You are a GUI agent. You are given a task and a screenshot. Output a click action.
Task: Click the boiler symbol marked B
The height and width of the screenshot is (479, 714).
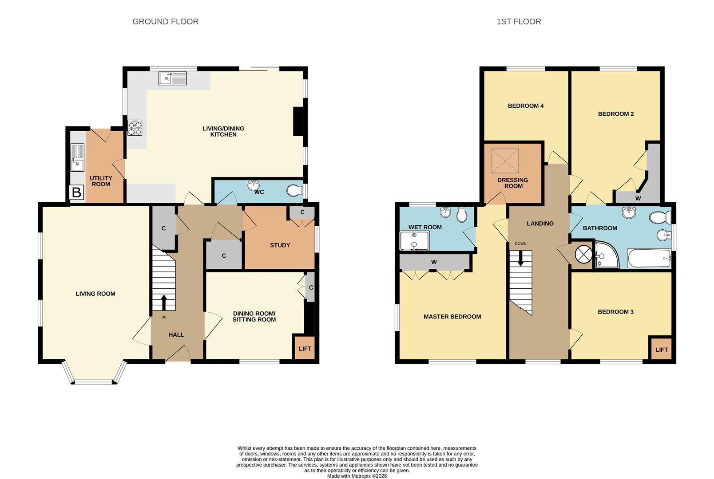pyautogui.click(x=77, y=192)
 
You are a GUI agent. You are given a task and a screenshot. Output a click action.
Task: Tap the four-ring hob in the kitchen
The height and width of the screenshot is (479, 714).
pyautogui.click(x=135, y=128)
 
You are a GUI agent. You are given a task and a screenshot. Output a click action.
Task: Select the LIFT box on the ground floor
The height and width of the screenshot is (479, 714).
pyautogui.click(x=305, y=349)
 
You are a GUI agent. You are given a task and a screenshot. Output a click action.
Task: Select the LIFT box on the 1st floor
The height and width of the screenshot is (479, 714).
pyautogui.click(x=661, y=349)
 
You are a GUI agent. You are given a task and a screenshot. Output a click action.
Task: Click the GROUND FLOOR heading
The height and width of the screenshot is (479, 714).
pyautogui.click(x=165, y=22)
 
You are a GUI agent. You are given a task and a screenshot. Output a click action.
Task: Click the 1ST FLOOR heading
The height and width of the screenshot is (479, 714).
pyautogui.click(x=519, y=22)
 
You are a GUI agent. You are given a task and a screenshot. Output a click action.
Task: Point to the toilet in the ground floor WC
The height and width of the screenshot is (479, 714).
pyautogui.click(x=294, y=191)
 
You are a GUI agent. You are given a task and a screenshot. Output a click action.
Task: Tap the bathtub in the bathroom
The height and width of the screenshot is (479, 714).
pyautogui.click(x=649, y=259)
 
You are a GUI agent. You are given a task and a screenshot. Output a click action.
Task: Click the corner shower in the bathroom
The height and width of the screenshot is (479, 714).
pyautogui.click(x=606, y=255)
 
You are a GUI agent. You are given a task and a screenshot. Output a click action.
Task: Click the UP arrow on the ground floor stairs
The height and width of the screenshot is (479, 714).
pyautogui.click(x=163, y=303)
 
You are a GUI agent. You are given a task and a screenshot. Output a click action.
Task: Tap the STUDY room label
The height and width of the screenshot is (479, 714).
pyautogui.click(x=280, y=245)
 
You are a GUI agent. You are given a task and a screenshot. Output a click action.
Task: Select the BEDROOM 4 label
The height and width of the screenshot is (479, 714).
pyautogui.click(x=526, y=106)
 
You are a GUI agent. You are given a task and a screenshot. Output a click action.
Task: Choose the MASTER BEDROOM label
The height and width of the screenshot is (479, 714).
pyautogui.click(x=452, y=317)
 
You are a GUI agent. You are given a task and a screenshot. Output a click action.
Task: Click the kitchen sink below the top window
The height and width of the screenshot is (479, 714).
pyautogui.click(x=173, y=79)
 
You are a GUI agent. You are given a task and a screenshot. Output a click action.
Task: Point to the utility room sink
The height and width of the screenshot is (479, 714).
pyautogui.click(x=77, y=157)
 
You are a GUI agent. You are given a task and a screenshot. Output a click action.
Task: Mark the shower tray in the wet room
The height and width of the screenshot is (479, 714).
pyautogui.click(x=414, y=241)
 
